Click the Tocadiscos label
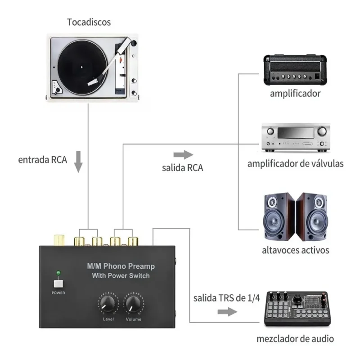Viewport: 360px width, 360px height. point(89,22)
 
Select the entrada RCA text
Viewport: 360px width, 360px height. point(43,160)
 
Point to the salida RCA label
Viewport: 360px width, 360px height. point(182,168)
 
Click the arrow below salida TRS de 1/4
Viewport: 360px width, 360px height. point(230,311)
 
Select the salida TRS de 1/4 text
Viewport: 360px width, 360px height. point(227,298)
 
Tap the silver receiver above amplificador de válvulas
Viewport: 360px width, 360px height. point(295,138)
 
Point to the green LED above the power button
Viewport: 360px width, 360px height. point(58,273)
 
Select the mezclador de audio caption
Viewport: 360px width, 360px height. point(296,338)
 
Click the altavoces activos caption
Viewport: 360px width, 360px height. point(296,250)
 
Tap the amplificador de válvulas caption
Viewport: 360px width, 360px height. point(295,163)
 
